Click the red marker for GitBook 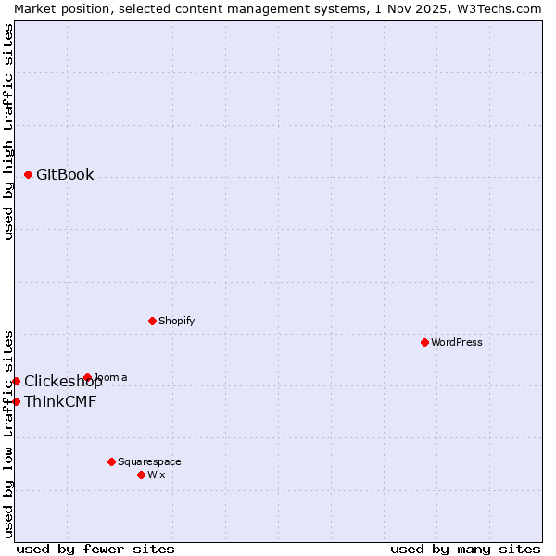(29, 174)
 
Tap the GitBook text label (65, 174)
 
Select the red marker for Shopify (152, 321)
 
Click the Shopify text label (176, 321)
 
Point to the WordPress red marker (425, 342)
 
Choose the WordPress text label (457, 342)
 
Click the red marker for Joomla (88, 377)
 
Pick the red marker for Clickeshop (16, 381)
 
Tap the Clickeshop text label (63, 382)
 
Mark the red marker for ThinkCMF (16, 401)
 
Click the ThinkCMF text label (60, 401)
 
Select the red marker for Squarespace (111, 461)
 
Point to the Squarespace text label (149, 461)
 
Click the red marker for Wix (141, 474)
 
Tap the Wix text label (157, 474)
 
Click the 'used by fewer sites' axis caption (95, 549)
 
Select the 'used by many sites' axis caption (465, 549)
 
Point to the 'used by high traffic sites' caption (8, 132)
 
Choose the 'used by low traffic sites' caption (8, 433)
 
